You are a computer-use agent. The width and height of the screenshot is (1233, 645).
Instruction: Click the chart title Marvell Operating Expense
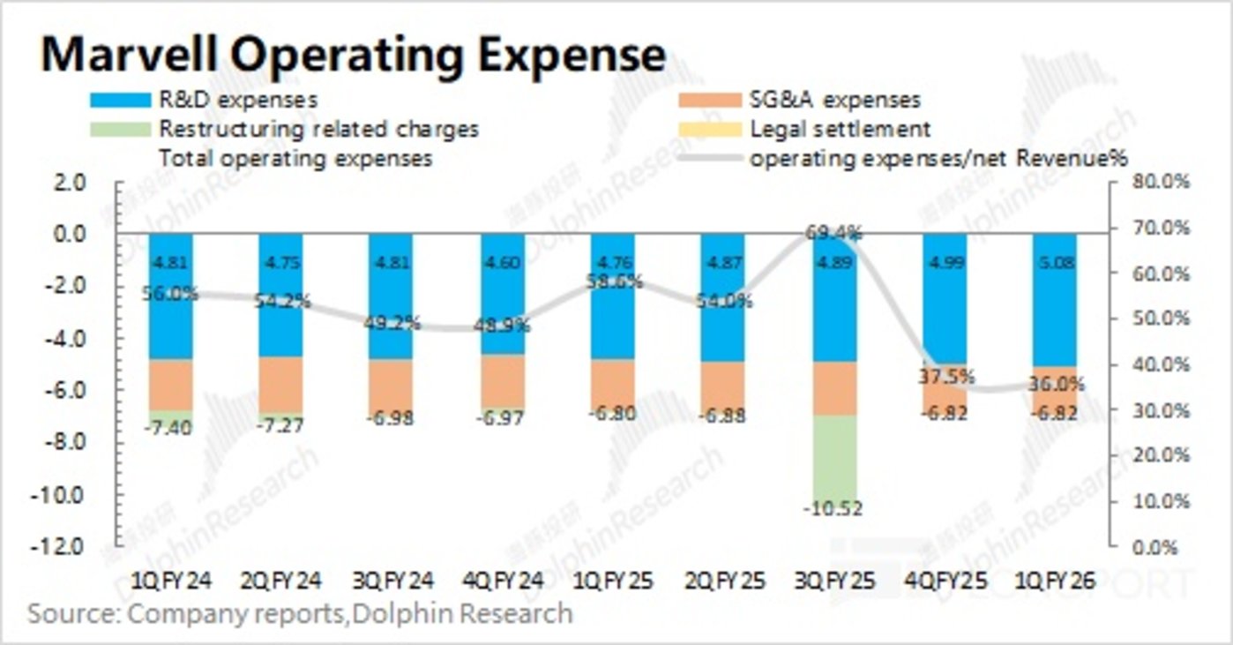point(353,55)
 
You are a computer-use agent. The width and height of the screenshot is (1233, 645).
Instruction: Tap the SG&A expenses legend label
point(834,101)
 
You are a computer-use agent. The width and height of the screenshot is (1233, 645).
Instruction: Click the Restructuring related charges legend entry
point(318,129)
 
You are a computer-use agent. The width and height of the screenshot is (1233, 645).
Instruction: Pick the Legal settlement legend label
point(840,129)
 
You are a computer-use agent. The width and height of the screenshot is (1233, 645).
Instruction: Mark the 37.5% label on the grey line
point(945,377)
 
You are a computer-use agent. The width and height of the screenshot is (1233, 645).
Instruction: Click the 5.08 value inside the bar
point(1056,262)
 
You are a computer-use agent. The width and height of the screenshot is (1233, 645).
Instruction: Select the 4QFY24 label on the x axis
point(501,581)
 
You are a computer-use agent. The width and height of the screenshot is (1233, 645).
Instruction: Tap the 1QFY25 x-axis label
point(612,581)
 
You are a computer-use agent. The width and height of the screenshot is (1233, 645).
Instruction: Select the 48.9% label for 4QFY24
point(502,325)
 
